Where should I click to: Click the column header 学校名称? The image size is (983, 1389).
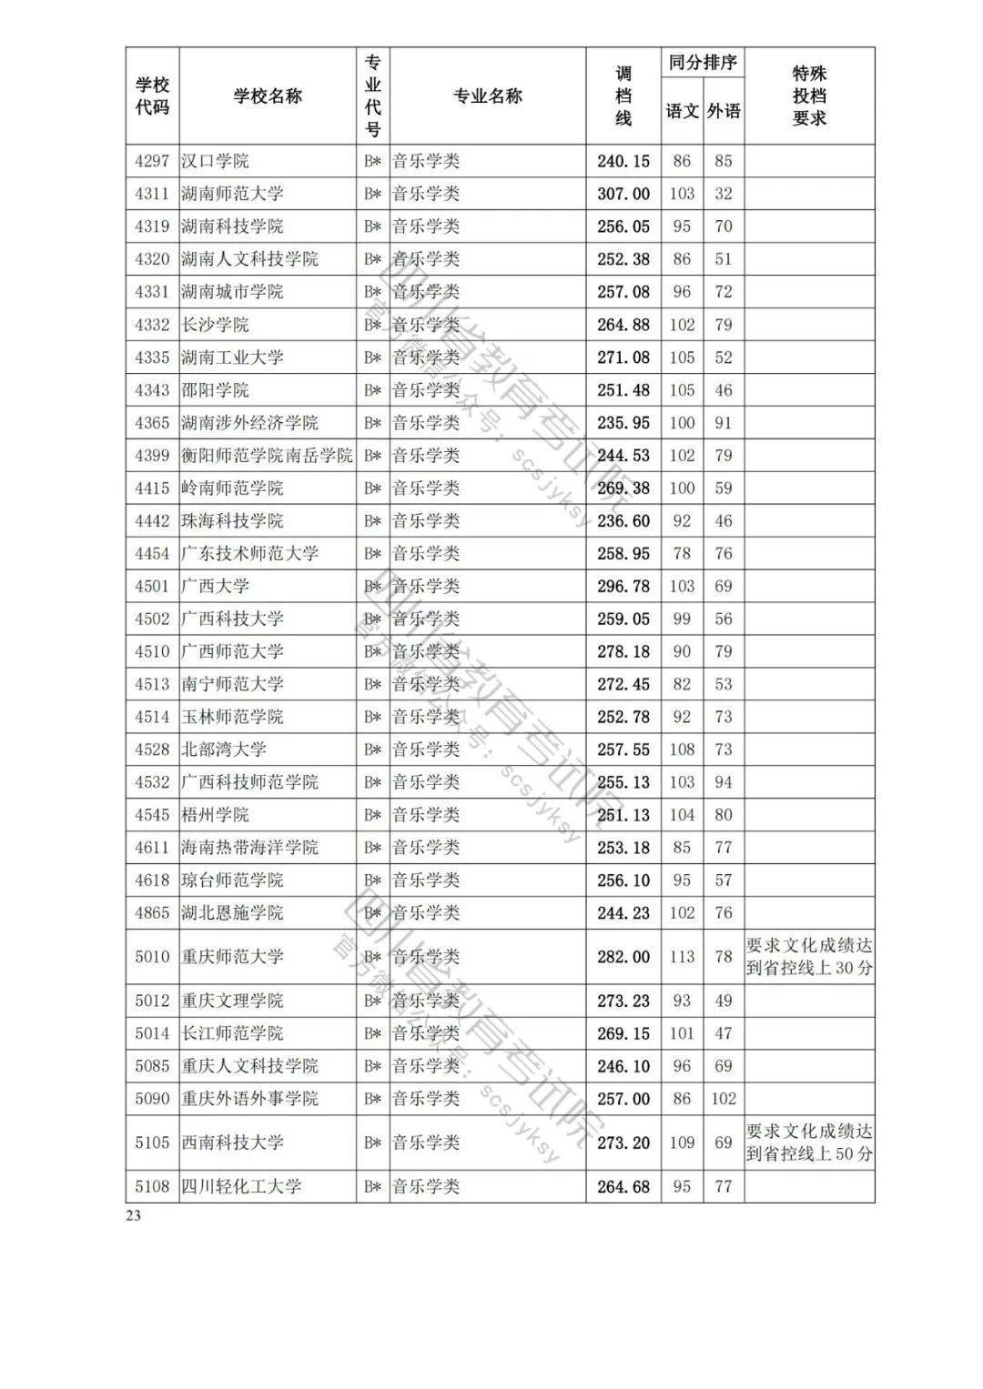click(268, 96)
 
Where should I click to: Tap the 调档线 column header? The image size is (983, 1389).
click(623, 96)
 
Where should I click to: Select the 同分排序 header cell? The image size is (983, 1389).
click(703, 64)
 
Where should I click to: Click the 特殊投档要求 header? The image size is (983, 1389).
click(809, 96)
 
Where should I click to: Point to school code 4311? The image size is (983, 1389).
click(152, 194)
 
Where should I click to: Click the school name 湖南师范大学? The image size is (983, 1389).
click(232, 194)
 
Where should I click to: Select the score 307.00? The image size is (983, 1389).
click(623, 194)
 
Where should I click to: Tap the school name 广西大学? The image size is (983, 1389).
click(215, 587)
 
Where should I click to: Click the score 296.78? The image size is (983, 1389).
click(623, 587)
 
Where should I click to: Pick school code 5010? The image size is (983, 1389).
click(152, 957)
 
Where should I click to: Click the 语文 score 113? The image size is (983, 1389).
click(682, 957)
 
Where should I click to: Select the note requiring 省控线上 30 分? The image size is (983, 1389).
click(809, 957)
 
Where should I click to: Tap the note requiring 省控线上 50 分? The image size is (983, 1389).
click(809, 1142)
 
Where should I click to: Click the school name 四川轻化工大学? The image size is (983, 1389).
click(241, 1186)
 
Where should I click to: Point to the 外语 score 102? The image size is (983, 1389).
click(724, 1099)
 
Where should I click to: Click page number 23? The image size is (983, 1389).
click(134, 1217)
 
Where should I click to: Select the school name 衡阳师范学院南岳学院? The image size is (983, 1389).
click(267, 456)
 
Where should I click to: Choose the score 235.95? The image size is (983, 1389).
click(623, 423)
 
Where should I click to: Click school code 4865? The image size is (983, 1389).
click(152, 913)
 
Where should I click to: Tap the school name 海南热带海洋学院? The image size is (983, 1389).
click(249, 848)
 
